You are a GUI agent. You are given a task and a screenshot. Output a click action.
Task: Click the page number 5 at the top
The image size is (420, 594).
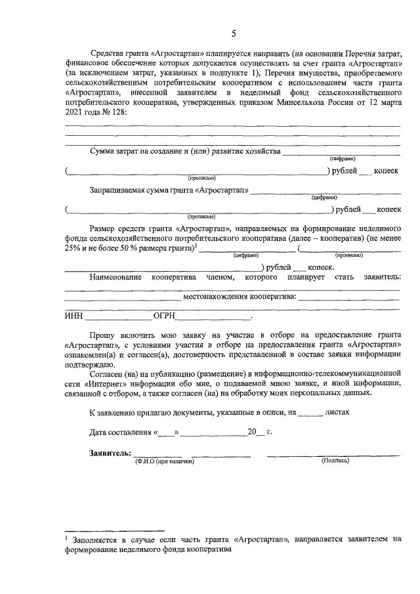pyautogui.click(x=234, y=33)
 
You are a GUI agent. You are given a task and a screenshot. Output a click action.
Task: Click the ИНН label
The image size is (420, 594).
pyautogui.click(x=73, y=316)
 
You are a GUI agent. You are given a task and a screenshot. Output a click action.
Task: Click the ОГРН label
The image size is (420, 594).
pyautogui.click(x=164, y=316)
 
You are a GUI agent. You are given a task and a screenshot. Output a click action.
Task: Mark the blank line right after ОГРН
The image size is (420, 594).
pyautogui.click(x=214, y=317)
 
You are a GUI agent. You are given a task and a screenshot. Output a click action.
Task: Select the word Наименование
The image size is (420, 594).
pyautogui.click(x=116, y=278)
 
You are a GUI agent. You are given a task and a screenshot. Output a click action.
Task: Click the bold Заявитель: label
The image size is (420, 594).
pyautogui.click(x=110, y=453)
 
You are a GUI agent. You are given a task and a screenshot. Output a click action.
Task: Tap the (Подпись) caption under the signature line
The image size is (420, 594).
pyautogui.click(x=335, y=461)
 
